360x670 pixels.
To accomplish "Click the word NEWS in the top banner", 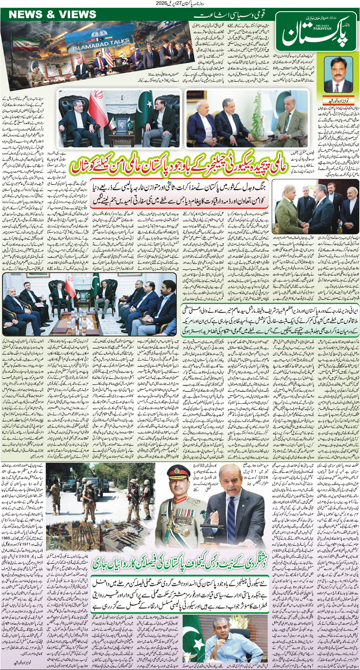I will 25,14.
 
